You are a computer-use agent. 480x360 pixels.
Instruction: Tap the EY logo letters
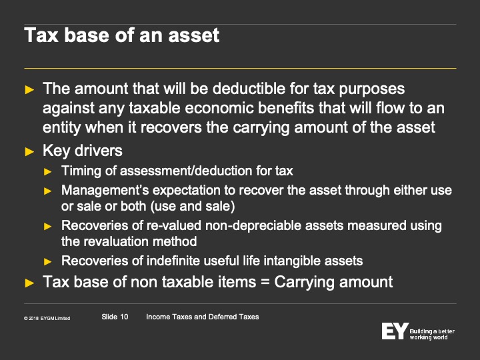click(x=395, y=331)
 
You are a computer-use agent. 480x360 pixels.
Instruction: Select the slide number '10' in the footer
click(x=124, y=317)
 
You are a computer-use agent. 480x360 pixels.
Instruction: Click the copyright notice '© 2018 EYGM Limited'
click(x=47, y=319)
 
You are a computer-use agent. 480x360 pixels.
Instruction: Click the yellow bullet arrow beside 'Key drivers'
click(x=29, y=151)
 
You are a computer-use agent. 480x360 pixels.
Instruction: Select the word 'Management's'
click(x=105, y=190)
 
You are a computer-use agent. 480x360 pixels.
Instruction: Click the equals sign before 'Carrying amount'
click(x=265, y=282)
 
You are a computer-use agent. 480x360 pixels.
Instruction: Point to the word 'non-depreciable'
click(x=253, y=225)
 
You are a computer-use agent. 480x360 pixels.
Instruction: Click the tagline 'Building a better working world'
click(x=432, y=334)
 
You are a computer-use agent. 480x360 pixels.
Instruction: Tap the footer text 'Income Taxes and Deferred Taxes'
click(x=203, y=317)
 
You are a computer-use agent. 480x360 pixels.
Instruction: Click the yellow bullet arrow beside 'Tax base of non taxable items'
click(x=29, y=283)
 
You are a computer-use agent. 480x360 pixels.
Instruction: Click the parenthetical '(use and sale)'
click(x=193, y=206)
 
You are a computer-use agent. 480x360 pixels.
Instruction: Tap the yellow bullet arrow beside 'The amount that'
click(x=29, y=90)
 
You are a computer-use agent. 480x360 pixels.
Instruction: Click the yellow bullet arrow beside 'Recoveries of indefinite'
click(x=48, y=262)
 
